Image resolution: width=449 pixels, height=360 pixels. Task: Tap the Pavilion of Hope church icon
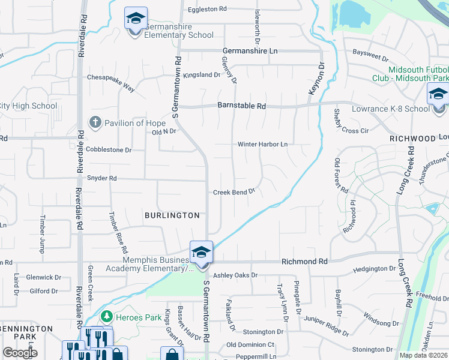95,122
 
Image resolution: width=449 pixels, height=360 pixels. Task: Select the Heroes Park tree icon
106,316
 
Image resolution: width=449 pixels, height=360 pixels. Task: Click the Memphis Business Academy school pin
201,253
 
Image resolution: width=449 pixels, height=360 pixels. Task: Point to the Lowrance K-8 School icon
438,95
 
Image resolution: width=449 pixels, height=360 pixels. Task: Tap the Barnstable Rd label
241,106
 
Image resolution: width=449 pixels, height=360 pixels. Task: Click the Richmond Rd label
305,262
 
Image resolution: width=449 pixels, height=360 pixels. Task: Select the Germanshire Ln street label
252,52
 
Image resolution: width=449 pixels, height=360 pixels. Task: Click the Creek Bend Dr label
234,192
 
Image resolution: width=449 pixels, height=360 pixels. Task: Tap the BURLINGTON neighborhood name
172,215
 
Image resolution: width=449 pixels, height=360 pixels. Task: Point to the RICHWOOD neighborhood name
412,138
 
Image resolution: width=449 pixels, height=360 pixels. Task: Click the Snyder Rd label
101,178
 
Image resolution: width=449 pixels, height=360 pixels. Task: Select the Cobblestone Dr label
108,149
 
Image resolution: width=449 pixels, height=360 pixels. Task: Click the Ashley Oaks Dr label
235,275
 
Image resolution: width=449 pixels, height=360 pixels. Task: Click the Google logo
20,353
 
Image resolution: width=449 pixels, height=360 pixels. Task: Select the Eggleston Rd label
207,9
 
